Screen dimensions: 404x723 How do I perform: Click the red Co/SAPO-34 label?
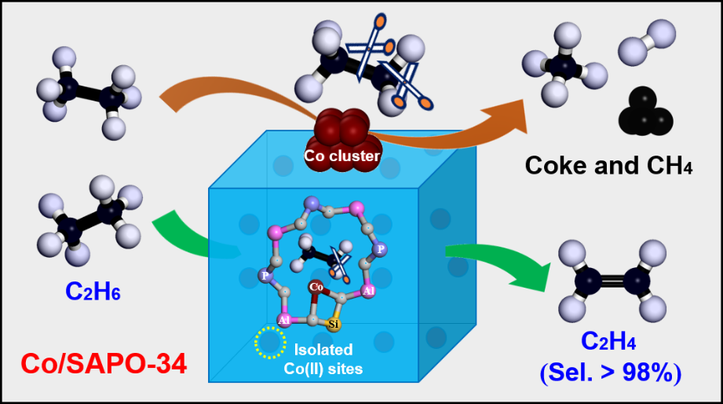point(104,364)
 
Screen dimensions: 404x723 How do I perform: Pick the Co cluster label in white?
point(342,156)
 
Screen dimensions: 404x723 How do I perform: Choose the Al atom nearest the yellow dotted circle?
point(283,320)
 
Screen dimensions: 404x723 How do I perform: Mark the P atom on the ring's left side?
point(265,275)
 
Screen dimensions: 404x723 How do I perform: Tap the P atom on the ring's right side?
point(380,248)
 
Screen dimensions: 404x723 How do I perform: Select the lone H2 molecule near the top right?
point(646,44)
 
